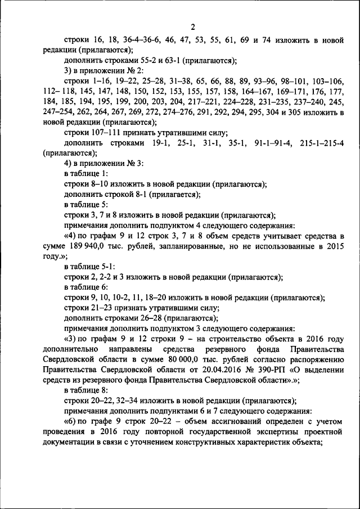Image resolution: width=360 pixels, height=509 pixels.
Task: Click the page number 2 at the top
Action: pyautogui.click(x=192, y=27)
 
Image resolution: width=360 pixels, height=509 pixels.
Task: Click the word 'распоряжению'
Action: pyautogui.click(x=316, y=359)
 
